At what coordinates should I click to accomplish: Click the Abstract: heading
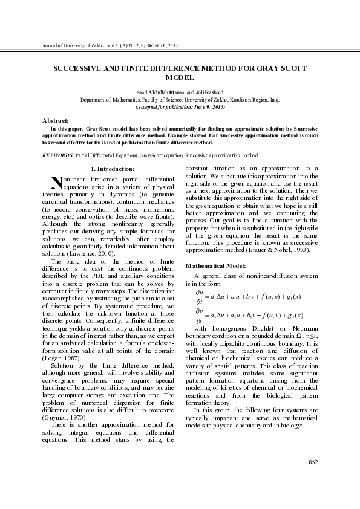click(x=55, y=121)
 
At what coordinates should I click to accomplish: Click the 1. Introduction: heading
click(x=112, y=168)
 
